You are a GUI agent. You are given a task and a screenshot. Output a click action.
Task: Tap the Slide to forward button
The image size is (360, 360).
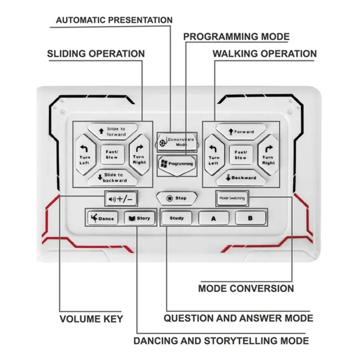click(x=113, y=132)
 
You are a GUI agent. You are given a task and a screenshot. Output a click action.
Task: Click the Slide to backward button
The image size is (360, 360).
click(x=113, y=178)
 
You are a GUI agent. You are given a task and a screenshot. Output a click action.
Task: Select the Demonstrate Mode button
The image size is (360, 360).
click(x=177, y=142)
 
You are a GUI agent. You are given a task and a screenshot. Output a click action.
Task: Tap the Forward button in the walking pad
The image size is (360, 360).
click(x=241, y=132)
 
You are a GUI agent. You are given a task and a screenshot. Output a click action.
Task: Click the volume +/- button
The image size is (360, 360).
click(x=121, y=199)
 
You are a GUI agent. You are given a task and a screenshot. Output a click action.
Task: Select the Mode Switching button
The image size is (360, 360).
click(x=232, y=198)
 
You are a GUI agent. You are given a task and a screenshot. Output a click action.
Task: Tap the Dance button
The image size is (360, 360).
click(x=103, y=218)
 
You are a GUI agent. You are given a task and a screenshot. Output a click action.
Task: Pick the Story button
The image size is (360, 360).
click(x=139, y=218)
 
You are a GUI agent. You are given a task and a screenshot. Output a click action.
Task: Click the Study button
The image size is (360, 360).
click(x=177, y=218)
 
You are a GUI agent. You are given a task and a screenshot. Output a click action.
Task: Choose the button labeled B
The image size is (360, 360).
click(x=251, y=218)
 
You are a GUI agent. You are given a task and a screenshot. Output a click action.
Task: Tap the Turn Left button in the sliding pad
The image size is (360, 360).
click(x=85, y=155)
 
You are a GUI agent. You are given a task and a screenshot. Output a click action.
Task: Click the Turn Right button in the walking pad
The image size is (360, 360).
click(x=268, y=155)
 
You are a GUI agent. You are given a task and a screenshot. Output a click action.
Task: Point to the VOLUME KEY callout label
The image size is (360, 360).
click(x=91, y=319)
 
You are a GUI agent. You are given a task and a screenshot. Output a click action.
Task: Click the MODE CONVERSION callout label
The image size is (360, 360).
click(x=246, y=288)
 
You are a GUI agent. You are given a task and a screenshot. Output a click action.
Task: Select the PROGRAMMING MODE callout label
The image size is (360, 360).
click(x=236, y=36)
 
